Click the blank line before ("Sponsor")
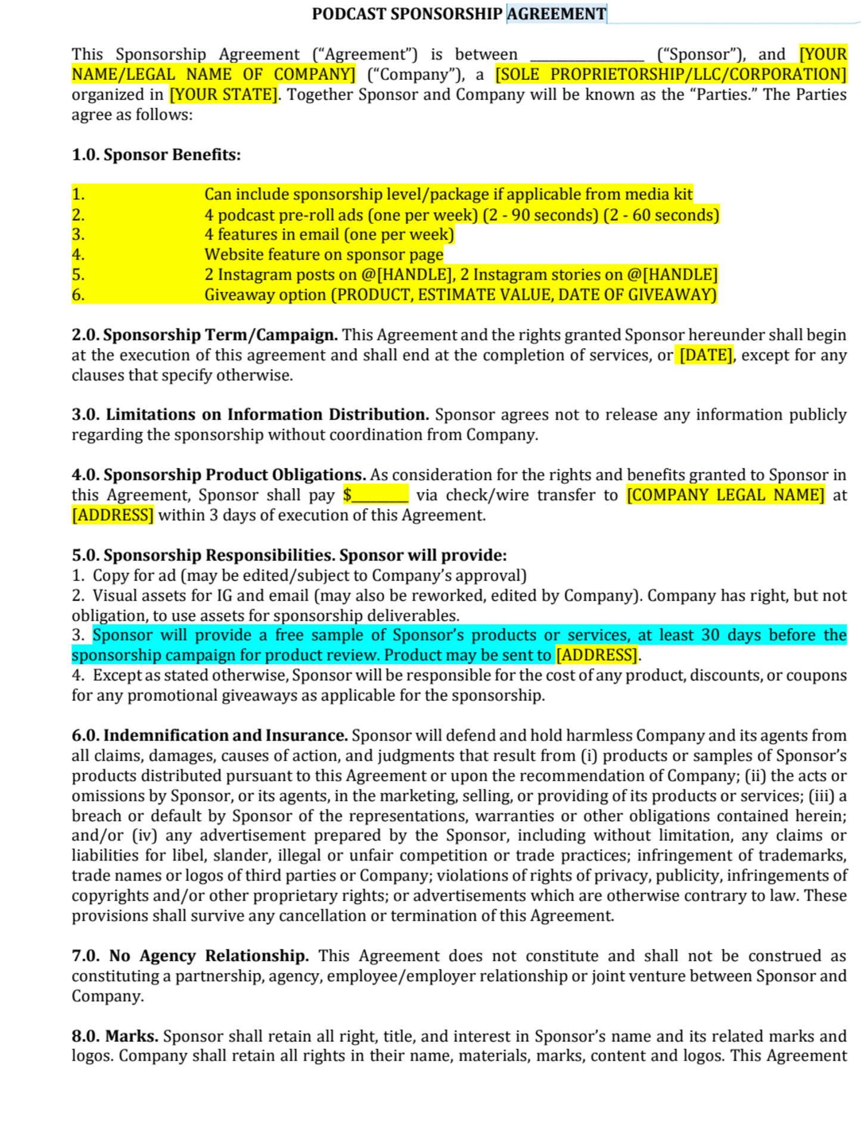pyautogui.click(x=586, y=55)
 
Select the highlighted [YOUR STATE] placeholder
pyautogui.click(x=223, y=95)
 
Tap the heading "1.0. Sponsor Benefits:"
pyautogui.click(x=156, y=155)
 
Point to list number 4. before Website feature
pyautogui.click(x=78, y=255)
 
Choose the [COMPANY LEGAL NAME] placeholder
pyautogui.click(x=725, y=495)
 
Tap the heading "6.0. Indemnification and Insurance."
pyautogui.click(x=210, y=735)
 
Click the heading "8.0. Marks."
pyautogui.click(x=115, y=1036)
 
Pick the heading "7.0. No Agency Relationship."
pyautogui.click(x=190, y=956)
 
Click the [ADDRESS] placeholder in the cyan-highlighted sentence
pyautogui.click(x=596, y=656)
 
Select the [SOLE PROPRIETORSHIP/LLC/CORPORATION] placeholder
pyautogui.click(x=670, y=74)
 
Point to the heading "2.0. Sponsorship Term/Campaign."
pyautogui.click(x=204, y=335)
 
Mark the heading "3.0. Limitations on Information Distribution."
pyautogui.click(x=250, y=415)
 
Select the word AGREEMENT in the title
pyautogui.click(x=556, y=14)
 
